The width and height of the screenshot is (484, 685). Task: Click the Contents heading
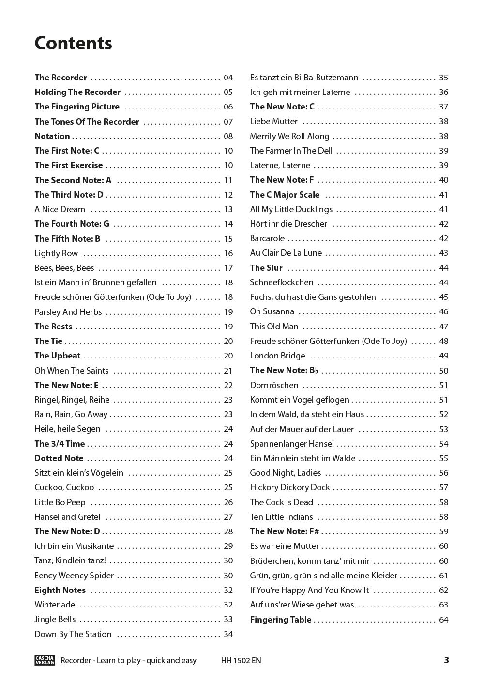(73, 43)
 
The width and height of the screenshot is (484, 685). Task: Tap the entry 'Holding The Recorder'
(77, 92)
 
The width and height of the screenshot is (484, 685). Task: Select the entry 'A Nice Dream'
(60, 209)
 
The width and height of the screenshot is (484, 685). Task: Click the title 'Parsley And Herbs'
(68, 312)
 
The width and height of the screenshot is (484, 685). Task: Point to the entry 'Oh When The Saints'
(72, 371)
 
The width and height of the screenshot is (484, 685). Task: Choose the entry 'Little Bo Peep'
(60, 502)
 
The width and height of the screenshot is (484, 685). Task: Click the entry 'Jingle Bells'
(55, 619)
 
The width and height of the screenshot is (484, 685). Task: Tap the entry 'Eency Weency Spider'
(74, 576)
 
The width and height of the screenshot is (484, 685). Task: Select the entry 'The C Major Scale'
(285, 195)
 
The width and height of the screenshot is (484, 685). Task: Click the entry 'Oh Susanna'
(272, 311)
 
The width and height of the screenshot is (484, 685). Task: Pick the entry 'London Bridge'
(277, 356)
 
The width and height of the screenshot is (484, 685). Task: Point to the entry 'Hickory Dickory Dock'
(290, 487)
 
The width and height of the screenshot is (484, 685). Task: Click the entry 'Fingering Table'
(281, 620)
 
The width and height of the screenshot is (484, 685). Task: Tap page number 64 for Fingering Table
(443, 620)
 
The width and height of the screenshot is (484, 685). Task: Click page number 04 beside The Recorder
(228, 78)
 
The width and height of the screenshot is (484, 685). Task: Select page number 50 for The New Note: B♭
(443, 371)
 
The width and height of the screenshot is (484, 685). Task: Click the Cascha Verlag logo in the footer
(45, 660)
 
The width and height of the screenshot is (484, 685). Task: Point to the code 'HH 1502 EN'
(241, 660)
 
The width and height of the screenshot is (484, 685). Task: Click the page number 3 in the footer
(446, 660)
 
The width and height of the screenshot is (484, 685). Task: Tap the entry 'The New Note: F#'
(285, 531)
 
